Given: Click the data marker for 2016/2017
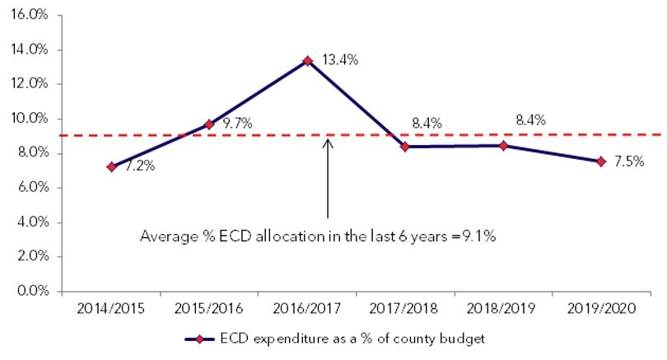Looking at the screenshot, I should coord(307,61).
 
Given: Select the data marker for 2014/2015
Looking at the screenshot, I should coord(111,166).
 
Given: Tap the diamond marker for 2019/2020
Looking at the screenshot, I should coord(600,161).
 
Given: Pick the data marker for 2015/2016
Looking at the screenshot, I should coord(209,124).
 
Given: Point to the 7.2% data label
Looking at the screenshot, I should coord(140,166).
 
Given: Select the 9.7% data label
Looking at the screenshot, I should coord(237,124).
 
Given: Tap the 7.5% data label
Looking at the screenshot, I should coord(630,161).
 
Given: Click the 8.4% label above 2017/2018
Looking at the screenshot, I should coord(427,124).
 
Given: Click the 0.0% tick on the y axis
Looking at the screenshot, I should coord(32,291).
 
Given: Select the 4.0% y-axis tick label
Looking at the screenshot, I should coord(32,222).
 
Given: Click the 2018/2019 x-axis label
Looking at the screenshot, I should coord(503,309).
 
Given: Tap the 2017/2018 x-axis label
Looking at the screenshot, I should coord(405,309).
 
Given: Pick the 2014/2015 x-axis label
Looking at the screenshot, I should coord(111,309).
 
